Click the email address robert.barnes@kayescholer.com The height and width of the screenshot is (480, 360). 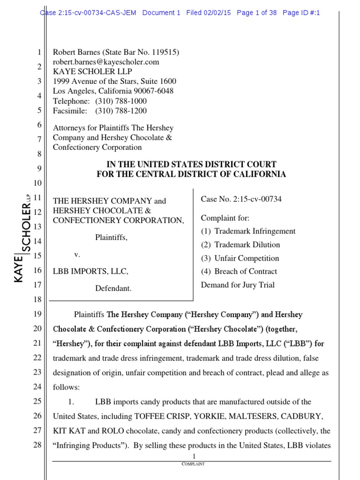106,62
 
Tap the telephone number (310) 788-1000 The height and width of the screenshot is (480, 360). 120,101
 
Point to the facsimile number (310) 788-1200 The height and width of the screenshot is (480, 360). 120,111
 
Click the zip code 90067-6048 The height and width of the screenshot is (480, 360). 152,91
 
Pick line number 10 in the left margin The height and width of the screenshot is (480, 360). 38,183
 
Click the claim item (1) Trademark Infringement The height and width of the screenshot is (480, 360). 248,231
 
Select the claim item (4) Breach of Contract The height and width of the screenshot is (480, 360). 239,271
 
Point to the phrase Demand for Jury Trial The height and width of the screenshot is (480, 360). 238,285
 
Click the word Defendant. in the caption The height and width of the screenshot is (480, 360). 113,289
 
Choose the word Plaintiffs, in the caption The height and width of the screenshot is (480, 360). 111,238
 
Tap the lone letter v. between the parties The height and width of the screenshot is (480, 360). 77,255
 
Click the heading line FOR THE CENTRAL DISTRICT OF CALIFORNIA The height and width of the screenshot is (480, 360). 191,174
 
